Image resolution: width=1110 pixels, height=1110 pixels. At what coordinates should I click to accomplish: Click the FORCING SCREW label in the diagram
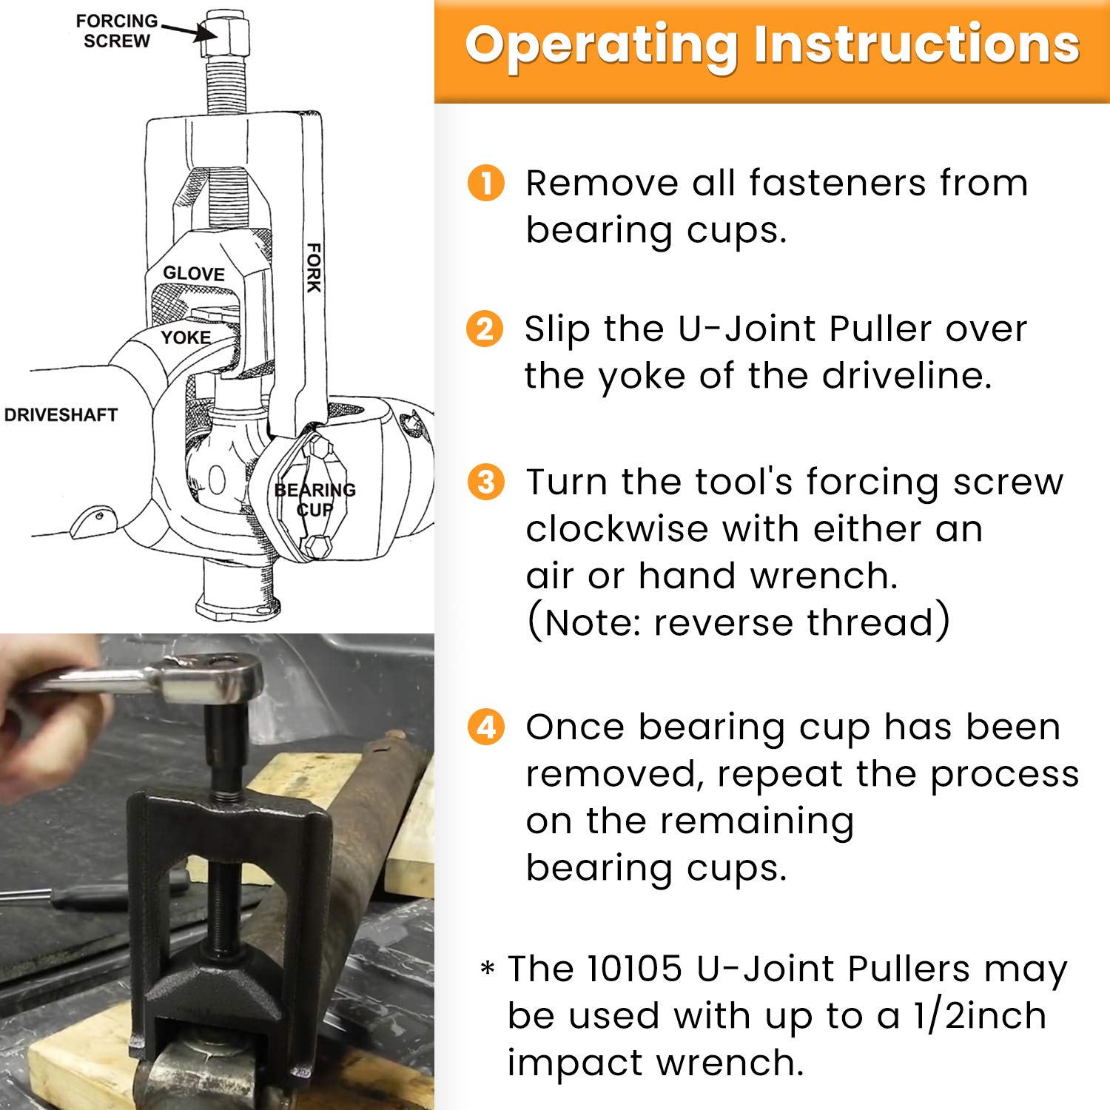point(116,31)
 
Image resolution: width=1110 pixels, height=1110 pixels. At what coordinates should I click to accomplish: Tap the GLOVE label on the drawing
point(194,274)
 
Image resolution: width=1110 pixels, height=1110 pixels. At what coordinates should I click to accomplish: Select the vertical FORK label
point(314,267)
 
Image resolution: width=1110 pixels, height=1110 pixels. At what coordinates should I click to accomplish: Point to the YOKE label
point(186,337)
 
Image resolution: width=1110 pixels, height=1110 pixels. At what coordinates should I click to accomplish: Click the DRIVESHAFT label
point(61,415)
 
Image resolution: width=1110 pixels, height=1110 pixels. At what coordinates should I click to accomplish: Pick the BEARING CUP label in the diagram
point(315,499)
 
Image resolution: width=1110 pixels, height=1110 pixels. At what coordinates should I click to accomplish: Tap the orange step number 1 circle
point(486,183)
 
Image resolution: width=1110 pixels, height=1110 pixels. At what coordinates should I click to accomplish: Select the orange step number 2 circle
point(485,329)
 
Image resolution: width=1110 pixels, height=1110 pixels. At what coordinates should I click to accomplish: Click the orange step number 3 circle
point(486,482)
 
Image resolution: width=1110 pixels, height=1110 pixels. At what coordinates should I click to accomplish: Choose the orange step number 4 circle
point(486,727)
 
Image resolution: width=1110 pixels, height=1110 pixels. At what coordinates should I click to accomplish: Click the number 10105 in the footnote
point(633,969)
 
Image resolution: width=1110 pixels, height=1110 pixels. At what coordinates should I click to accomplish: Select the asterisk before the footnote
point(488,968)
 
